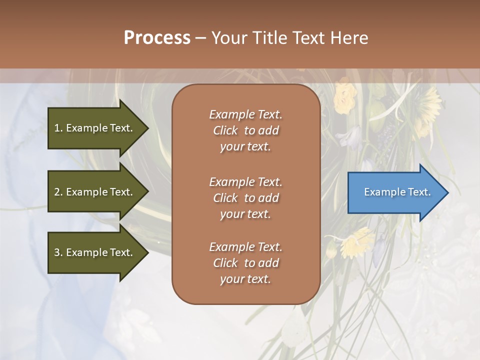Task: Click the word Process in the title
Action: click(157, 38)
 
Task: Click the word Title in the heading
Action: click(269, 38)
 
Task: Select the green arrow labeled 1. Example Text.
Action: click(95, 128)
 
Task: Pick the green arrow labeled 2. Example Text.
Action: click(95, 192)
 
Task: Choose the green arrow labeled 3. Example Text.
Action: click(95, 252)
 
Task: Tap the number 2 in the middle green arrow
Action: click(57, 192)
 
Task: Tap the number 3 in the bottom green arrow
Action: click(57, 252)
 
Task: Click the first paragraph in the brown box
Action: click(245, 130)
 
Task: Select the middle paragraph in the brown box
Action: click(245, 198)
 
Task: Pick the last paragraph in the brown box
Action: click(245, 263)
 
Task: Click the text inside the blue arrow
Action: click(397, 192)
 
